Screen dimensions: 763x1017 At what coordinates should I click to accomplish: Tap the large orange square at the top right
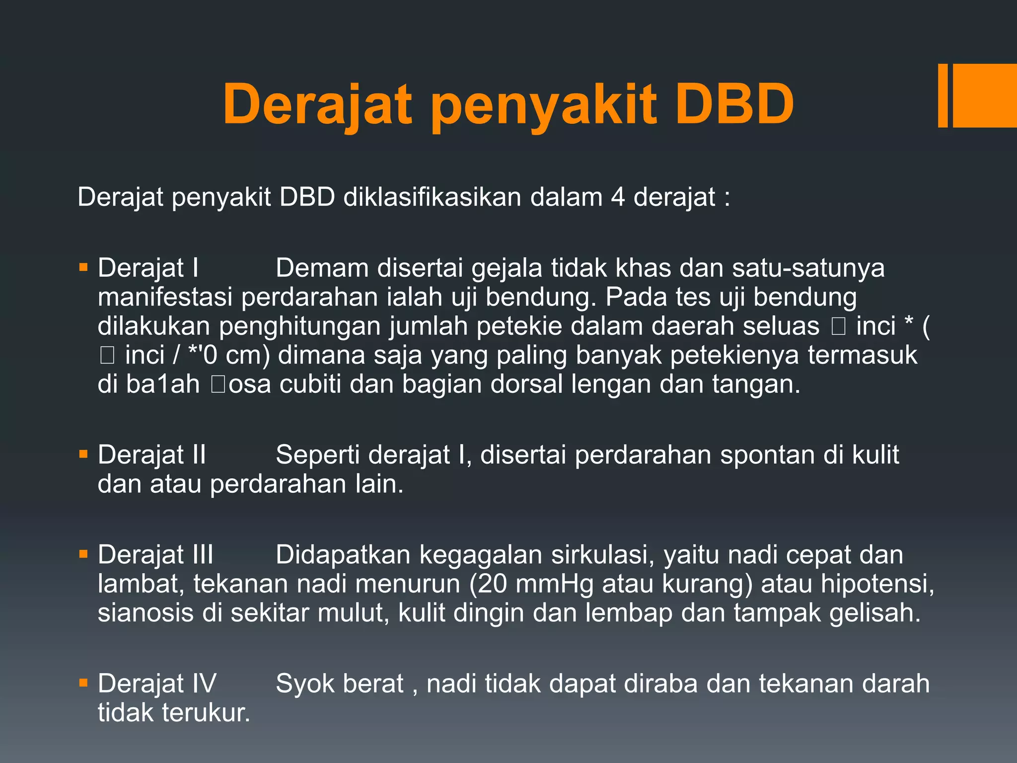(x=985, y=95)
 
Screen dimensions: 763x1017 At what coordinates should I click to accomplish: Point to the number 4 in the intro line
(x=618, y=197)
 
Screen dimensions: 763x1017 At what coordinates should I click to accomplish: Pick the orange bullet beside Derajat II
(x=83, y=455)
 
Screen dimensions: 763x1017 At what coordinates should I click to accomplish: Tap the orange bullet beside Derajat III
(x=83, y=554)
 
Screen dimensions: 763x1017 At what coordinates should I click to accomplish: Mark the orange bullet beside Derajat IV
(x=83, y=684)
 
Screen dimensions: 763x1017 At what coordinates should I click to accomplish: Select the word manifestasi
(x=165, y=297)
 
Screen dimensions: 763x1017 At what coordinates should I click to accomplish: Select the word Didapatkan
(x=343, y=555)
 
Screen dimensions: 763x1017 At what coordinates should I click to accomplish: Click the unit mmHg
(x=554, y=584)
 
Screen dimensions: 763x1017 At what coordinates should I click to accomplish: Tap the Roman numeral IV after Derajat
(x=204, y=684)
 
